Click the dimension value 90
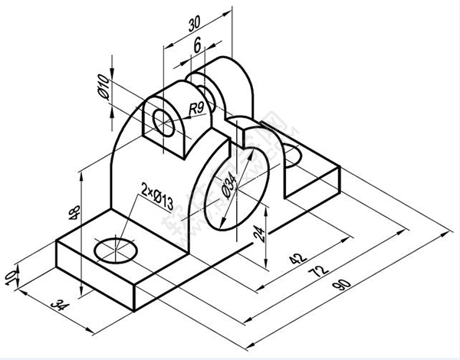coord(342,286)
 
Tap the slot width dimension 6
coord(197,45)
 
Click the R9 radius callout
coord(195,108)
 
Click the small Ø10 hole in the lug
coord(165,121)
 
